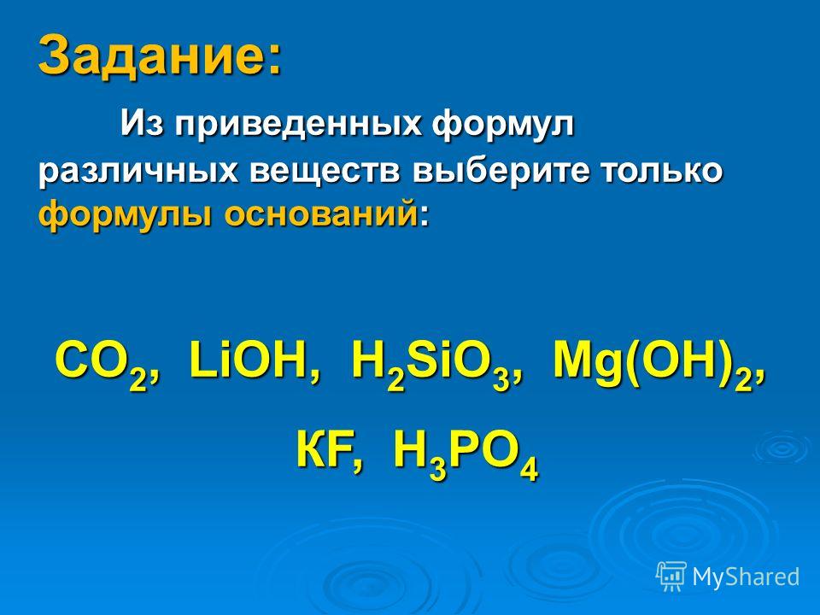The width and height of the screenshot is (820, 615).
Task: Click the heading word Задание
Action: [153, 55]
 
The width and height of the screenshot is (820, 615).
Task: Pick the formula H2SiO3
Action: [430, 364]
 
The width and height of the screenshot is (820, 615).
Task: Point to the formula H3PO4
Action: [466, 454]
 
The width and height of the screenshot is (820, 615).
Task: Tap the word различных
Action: [138, 173]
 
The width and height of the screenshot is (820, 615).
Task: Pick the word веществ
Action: [325, 171]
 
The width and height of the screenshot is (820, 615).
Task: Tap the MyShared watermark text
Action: [746, 577]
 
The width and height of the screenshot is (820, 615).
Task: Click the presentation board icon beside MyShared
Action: [671, 577]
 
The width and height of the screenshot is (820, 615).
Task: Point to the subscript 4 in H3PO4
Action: [530, 469]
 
